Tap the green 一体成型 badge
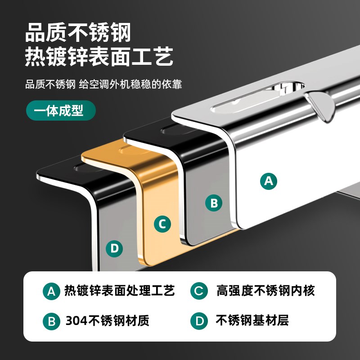click(x=61, y=110)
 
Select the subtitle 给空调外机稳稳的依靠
click(x=130, y=84)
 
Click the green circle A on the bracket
click(x=269, y=181)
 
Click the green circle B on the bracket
click(x=214, y=203)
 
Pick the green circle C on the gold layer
click(x=162, y=224)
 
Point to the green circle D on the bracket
click(x=114, y=248)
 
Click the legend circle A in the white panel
click(x=52, y=291)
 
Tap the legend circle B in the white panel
click(x=52, y=321)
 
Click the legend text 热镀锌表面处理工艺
click(x=119, y=291)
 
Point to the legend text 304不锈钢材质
click(x=107, y=321)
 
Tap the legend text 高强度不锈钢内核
click(x=265, y=291)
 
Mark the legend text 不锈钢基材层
click(x=252, y=321)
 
